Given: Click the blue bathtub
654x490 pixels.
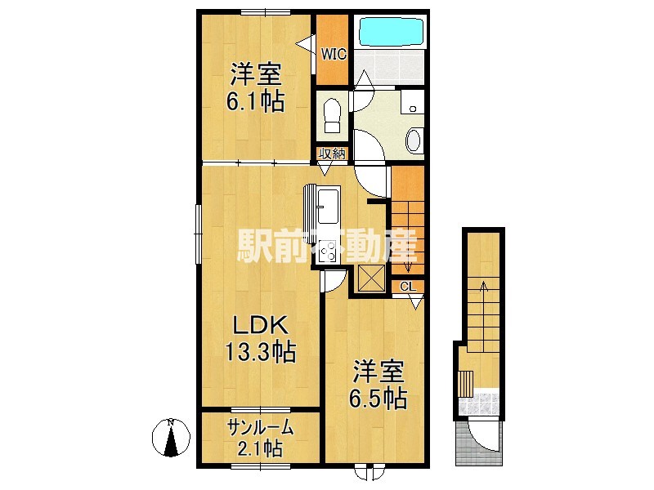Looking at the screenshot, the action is click(x=392, y=32).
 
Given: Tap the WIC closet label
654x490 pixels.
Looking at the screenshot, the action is click(x=334, y=54).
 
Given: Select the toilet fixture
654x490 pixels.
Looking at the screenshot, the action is click(x=333, y=114).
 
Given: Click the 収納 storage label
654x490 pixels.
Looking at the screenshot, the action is click(x=332, y=154).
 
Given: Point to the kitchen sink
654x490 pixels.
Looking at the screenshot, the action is click(x=329, y=206).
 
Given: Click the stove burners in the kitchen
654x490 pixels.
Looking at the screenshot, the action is click(x=328, y=252).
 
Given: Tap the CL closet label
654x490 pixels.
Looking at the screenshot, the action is click(x=407, y=287).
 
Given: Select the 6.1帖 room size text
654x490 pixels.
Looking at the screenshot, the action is click(x=255, y=101).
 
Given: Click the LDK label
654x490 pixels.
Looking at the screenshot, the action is click(x=260, y=325).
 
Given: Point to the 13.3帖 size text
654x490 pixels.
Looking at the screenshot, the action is click(x=261, y=352).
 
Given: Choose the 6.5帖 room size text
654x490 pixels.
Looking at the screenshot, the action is click(x=378, y=398).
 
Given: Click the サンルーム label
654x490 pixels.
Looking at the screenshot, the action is click(x=260, y=427).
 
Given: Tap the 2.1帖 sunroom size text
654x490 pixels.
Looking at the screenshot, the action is click(x=260, y=448).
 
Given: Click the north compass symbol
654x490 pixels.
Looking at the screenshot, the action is click(x=171, y=438).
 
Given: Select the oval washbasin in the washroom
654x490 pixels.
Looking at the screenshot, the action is click(x=414, y=140).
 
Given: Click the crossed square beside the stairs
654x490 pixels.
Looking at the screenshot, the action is click(x=372, y=278).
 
